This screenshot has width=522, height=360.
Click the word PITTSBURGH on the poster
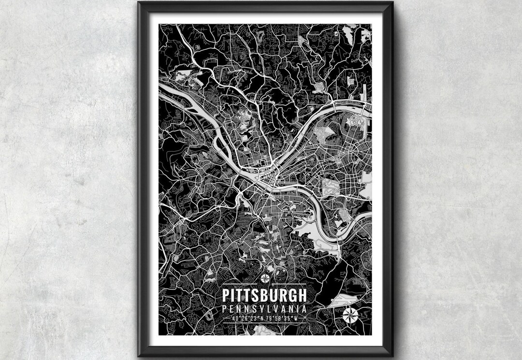click(x=264, y=295)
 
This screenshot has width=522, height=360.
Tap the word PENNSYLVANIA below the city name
click(x=264, y=308)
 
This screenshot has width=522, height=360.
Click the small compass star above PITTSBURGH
click(x=265, y=278)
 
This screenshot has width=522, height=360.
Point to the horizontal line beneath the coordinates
click(x=264, y=323)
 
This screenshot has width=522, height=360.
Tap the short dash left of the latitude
click(x=228, y=318)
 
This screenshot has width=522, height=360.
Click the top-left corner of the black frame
click(x=139, y=2)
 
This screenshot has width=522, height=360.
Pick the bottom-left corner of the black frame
click(x=139, y=356)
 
